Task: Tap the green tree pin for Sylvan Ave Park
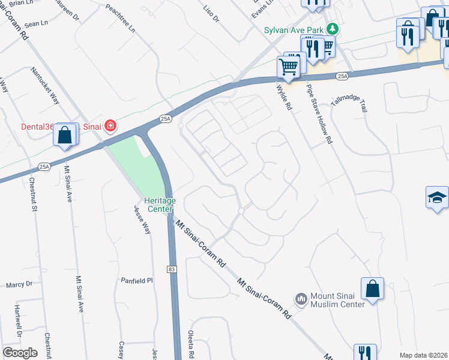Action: click(331, 29)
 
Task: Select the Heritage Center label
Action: click(159, 205)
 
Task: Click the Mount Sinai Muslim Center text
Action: click(337, 300)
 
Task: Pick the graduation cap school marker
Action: click(438, 197)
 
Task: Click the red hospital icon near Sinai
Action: click(110, 125)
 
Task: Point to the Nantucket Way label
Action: click(46, 85)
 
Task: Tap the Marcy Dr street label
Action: click(18, 284)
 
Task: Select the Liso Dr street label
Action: click(211, 13)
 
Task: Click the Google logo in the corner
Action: click(20, 353)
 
